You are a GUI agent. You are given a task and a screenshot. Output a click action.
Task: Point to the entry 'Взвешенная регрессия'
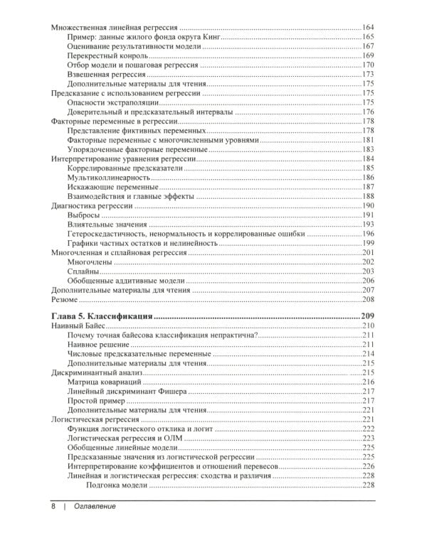[106, 74]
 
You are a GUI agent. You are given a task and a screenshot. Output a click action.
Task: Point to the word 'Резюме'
[68, 299]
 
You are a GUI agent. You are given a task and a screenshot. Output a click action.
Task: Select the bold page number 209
[367, 316]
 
